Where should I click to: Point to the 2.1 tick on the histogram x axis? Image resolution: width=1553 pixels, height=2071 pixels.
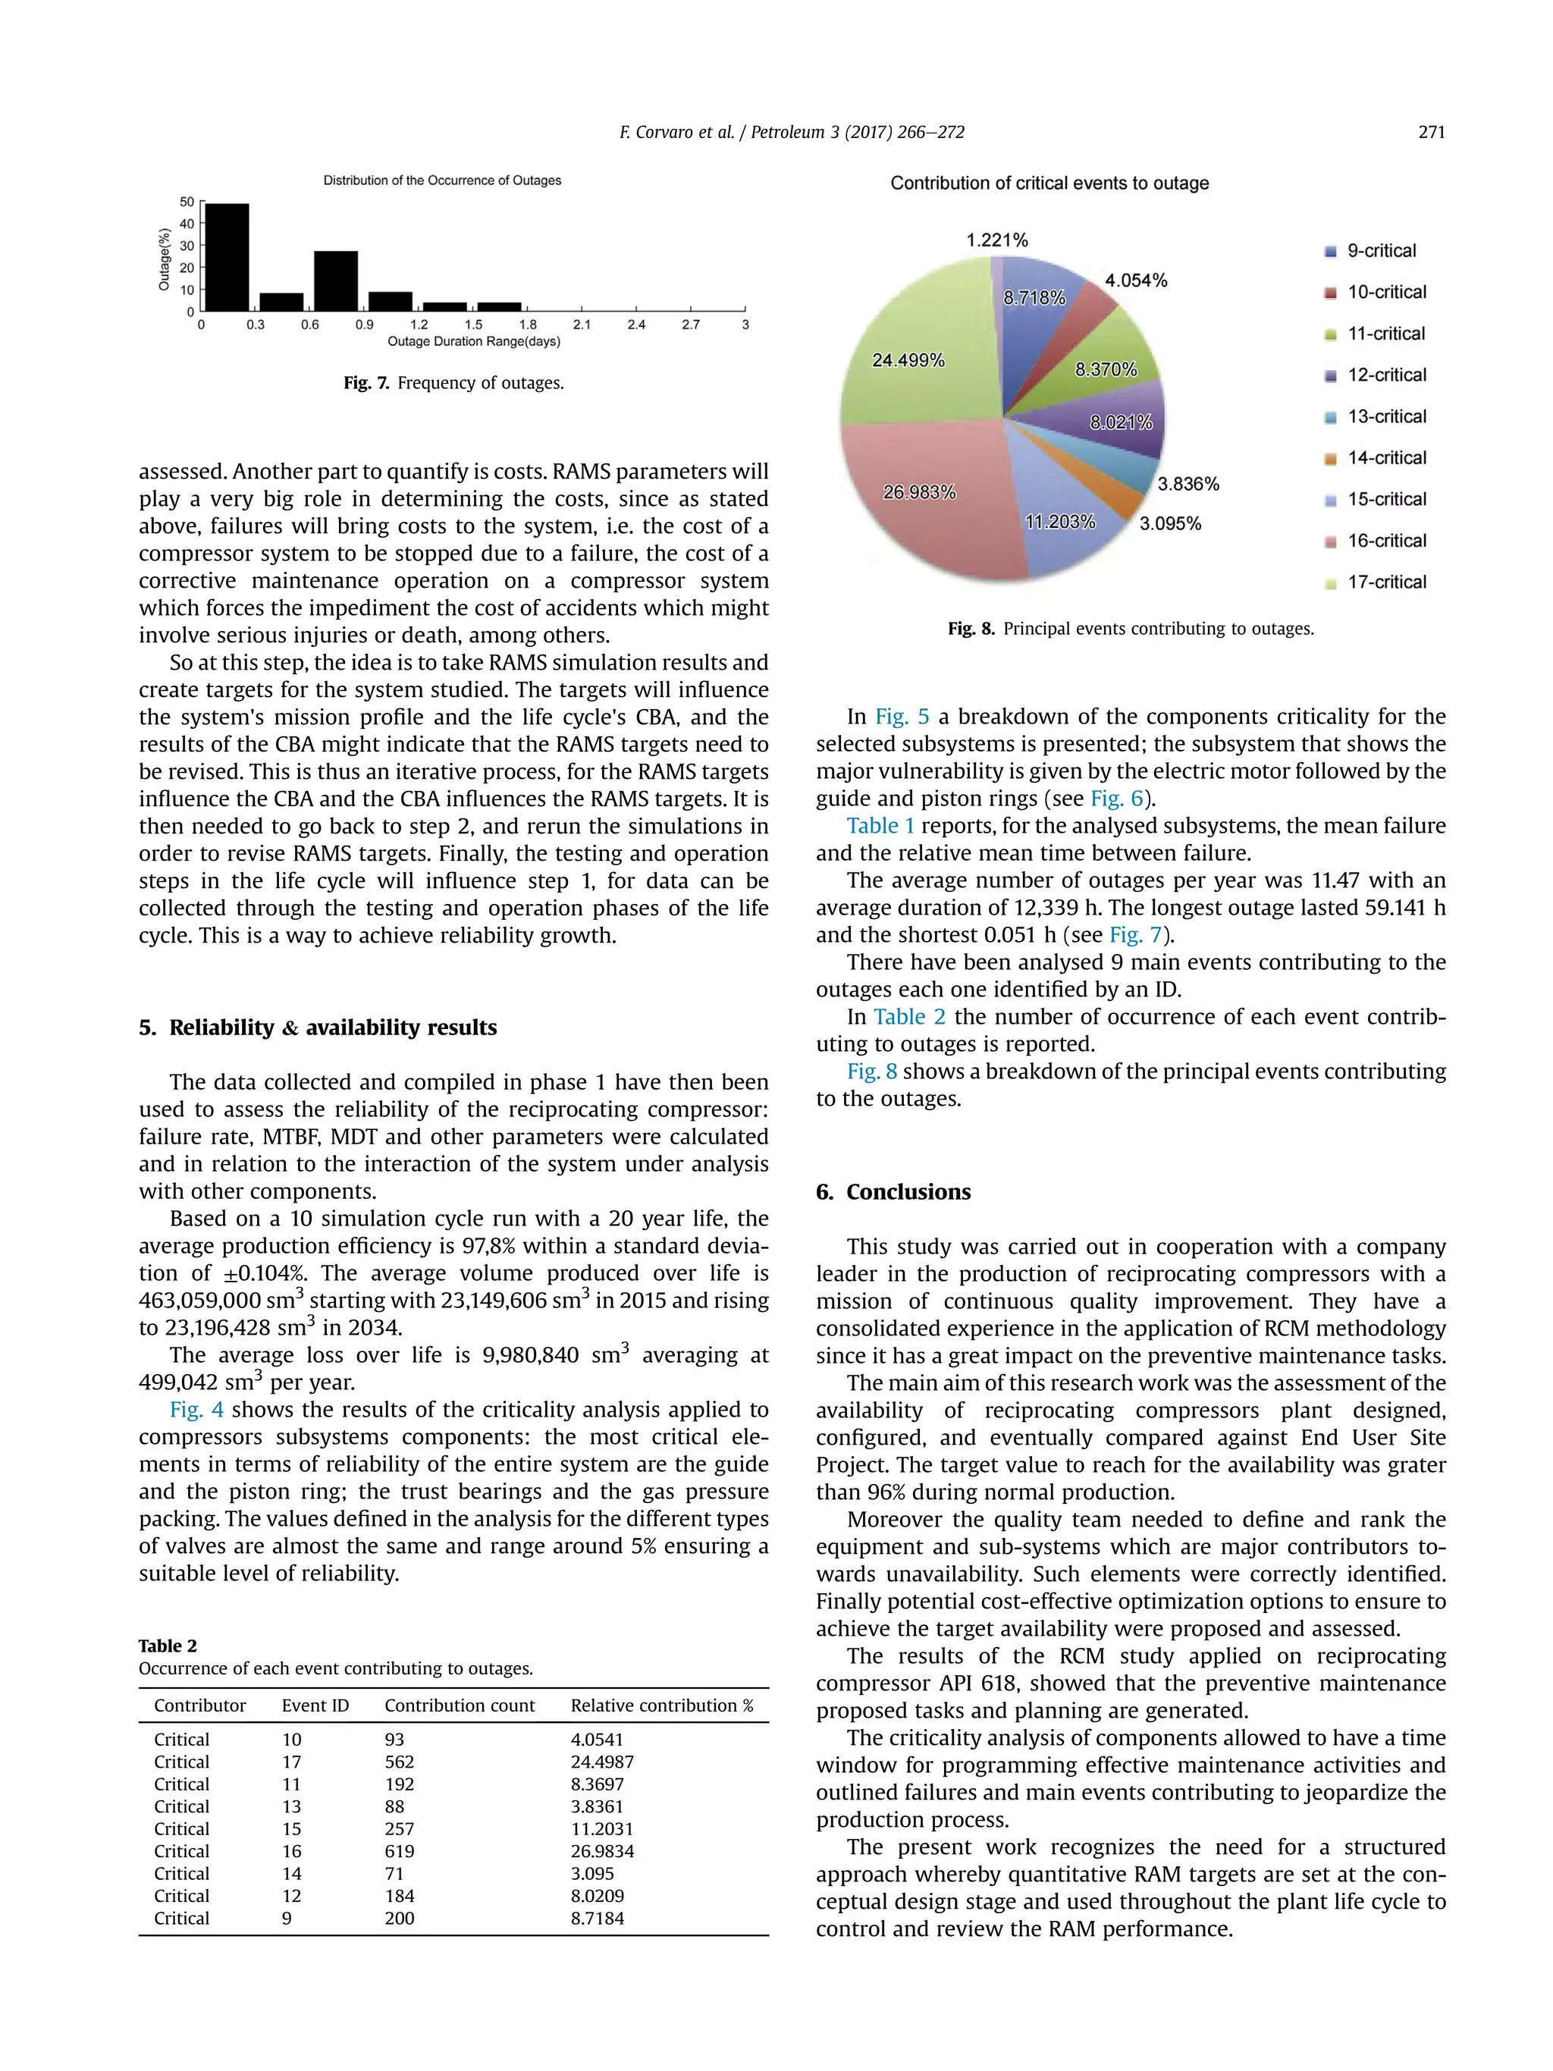click(582, 325)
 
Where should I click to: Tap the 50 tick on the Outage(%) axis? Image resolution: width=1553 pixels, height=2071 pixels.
click(187, 202)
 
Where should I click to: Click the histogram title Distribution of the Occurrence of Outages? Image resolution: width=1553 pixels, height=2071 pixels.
click(442, 180)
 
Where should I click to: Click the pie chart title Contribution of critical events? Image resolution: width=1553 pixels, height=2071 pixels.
click(1049, 184)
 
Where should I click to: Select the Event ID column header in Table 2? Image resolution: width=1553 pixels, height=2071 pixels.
click(315, 1705)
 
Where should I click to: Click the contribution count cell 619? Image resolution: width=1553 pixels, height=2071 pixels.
click(399, 1851)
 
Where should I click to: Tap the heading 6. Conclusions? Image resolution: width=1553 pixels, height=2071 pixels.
click(893, 1192)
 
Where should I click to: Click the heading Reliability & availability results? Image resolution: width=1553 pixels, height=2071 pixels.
click(331, 1027)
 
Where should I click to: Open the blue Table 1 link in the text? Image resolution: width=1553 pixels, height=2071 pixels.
click(879, 826)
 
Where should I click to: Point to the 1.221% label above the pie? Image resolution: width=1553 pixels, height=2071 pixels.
click(997, 240)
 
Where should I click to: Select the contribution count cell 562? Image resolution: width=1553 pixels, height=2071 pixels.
click(399, 1762)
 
